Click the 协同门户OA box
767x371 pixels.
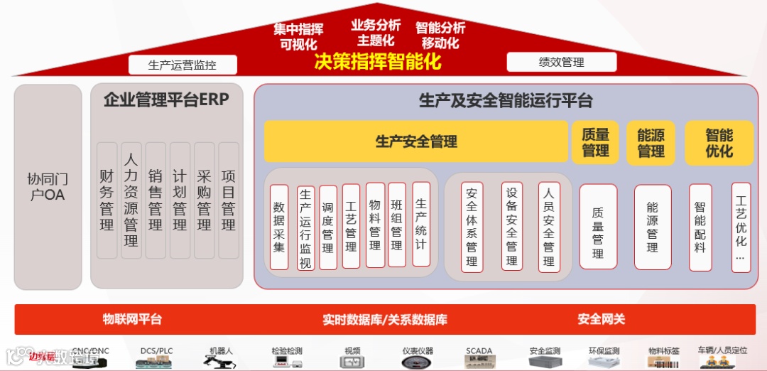pyautogui.click(x=48, y=186)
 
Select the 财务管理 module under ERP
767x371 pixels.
pyautogui.click(x=107, y=200)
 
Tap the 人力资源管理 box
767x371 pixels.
pyautogui.click(x=131, y=200)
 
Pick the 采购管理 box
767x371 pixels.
pyautogui.click(x=204, y=200)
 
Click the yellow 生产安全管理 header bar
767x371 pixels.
pyautogui.click(x=416, y=141)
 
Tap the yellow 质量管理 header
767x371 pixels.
pyautogui.click(x=595, y=142)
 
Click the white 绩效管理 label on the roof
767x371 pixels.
pyautogui.click(x=561, y=63)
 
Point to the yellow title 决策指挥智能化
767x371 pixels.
pyautogui.click(x=378, y=62)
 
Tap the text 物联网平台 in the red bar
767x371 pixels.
pyautogui.click(x=132, y=319)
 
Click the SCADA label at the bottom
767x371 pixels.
pyautogui.click(x=479, y=351)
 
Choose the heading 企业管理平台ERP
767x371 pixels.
pyautogui.click(x=166, y=100)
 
